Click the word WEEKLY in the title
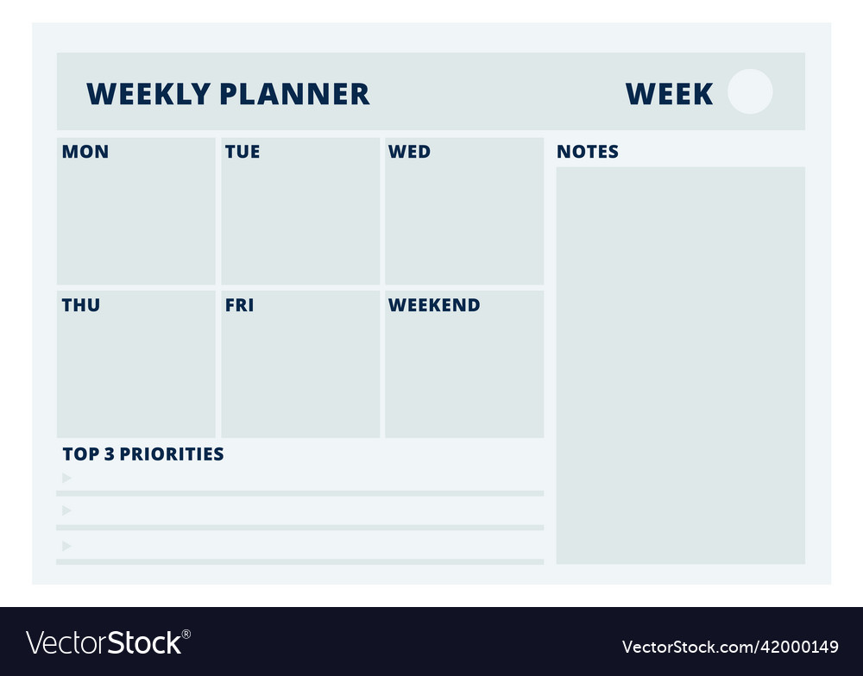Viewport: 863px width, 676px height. click(x=148, y=94)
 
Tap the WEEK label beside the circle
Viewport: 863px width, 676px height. click(x=669, y=94)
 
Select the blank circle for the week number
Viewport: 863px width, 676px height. click(x=750, y=91)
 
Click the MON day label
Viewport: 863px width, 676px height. click(x=85, y=152)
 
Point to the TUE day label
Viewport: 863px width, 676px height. click(x=243, y=152)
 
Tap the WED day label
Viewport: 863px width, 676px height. click(x=409, y=152)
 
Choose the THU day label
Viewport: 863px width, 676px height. click(x=81, y=305)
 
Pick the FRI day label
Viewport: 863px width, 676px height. click(x=239, y=305)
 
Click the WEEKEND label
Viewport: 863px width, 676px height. click(x=434, y=305)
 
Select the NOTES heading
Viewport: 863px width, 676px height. click(x=588, y=152)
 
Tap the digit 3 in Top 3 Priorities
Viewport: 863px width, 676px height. click(x=109, y=454)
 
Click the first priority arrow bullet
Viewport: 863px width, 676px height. click(x=66, y=478)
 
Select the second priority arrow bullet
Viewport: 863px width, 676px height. click(x=66, y=510)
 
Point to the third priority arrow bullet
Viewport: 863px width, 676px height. click(x=66, y=546)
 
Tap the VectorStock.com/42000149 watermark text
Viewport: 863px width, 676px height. click(x=730, y=647)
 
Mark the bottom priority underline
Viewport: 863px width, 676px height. click(x=299, y=561)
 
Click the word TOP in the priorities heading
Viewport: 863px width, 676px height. click(x=80, y=454)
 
